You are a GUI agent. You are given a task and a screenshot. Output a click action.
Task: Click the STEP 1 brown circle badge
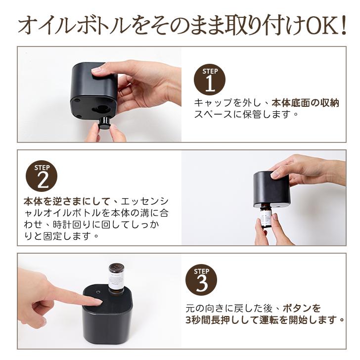click(209, 80)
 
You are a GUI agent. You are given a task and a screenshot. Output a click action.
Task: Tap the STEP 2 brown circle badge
click(42, 176)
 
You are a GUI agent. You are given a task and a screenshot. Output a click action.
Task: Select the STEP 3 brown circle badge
click(201, 281)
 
